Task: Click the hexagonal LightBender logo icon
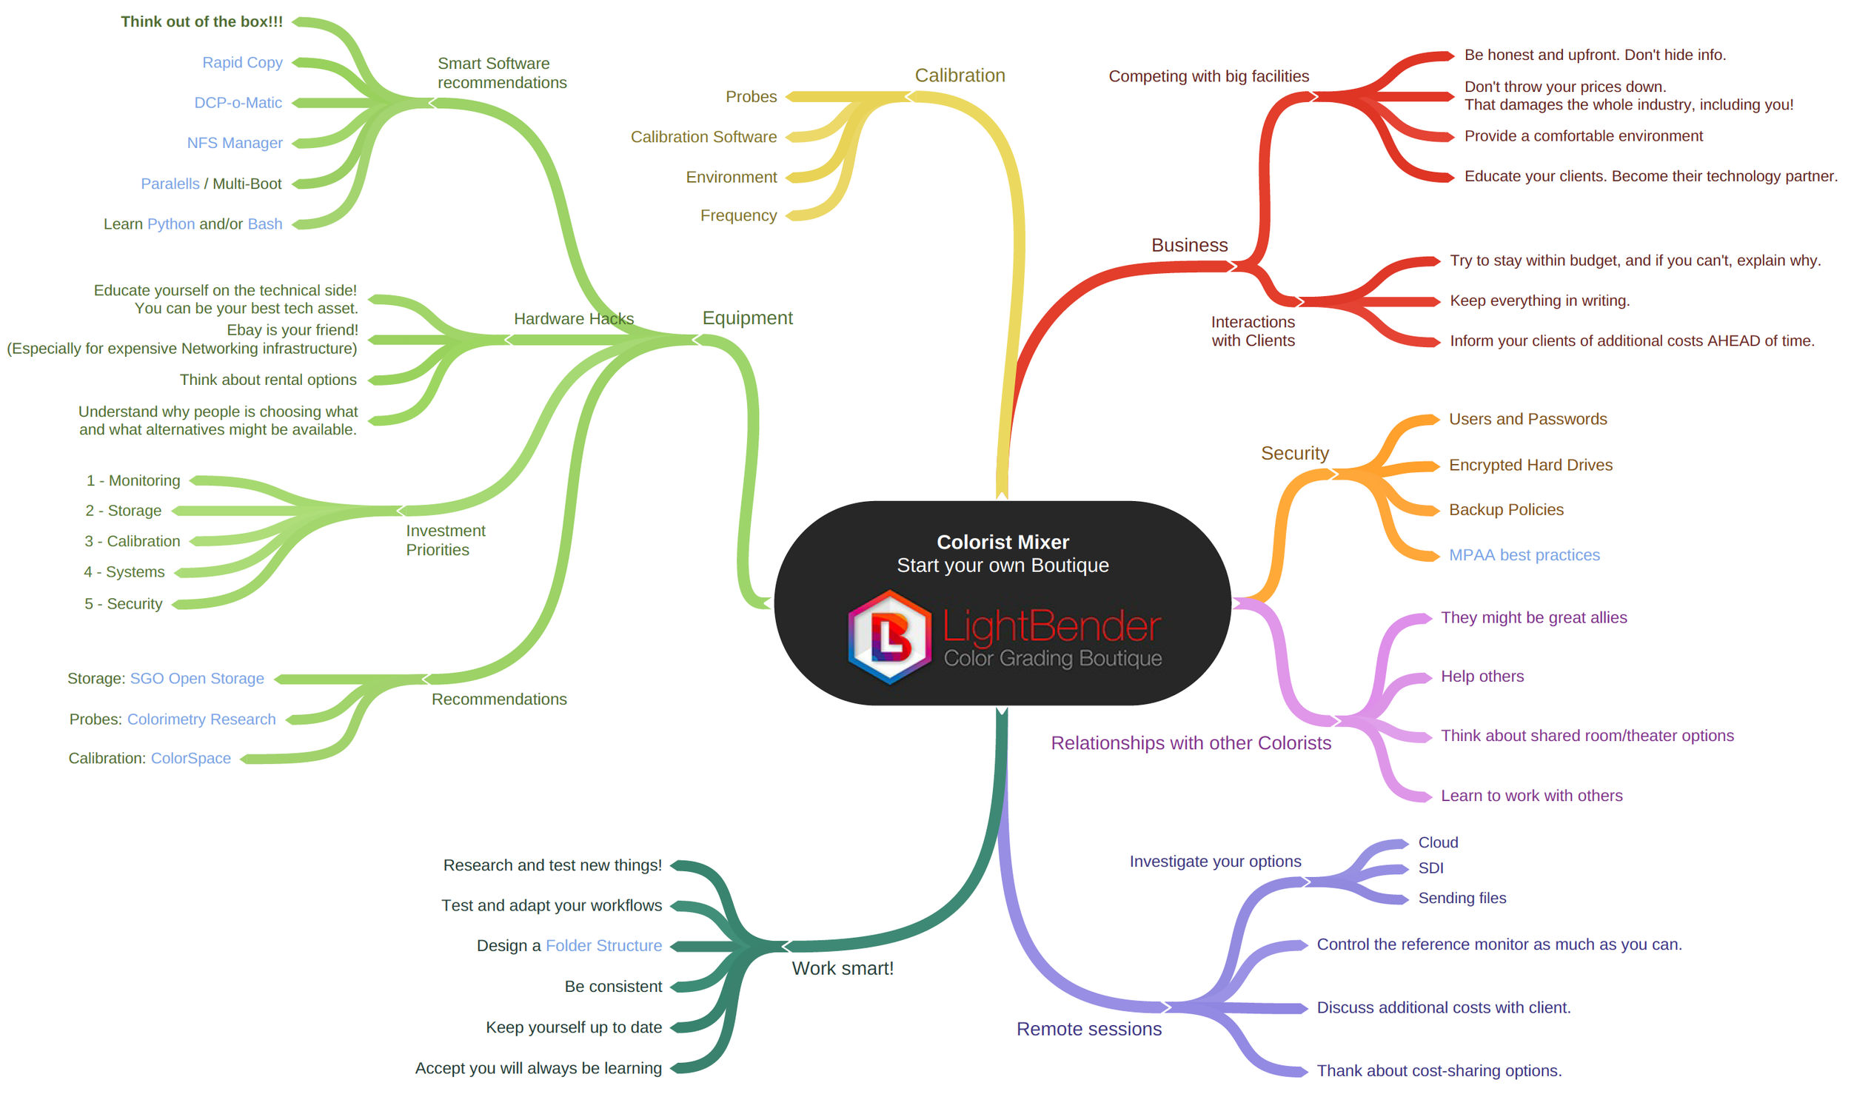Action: [889, 637]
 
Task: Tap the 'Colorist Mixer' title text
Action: [1003, 542]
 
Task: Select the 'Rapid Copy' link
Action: [242, 62]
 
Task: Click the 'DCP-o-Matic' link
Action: [238, 102]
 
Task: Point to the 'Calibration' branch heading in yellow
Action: [960, 75]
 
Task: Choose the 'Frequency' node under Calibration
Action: [738, 215]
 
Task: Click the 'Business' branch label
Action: [1189, 245]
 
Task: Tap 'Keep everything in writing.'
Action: [1539, 301]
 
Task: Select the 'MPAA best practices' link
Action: [1524, 555]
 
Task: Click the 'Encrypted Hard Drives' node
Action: [1530, 465]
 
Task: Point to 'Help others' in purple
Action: [1482, 677]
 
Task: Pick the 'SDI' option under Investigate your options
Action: [1430, 868]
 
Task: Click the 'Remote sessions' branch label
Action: [1088, 1029]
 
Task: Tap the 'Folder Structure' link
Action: [603, 945]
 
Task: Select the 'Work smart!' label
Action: [843, 968]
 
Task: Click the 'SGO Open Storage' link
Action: [197, 678]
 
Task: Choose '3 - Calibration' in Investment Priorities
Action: [132, 541]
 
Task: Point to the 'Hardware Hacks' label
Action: [574, 318]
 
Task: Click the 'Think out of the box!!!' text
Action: [201, 21]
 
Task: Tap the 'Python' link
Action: [171, 224]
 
